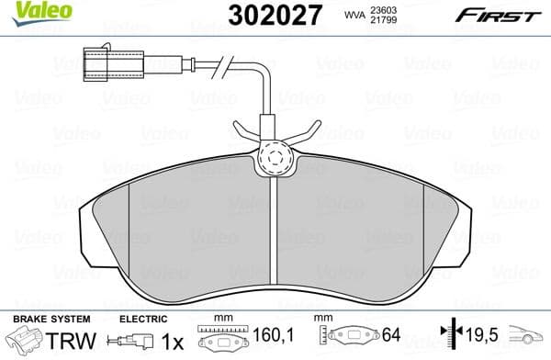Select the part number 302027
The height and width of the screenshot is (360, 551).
266,16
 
